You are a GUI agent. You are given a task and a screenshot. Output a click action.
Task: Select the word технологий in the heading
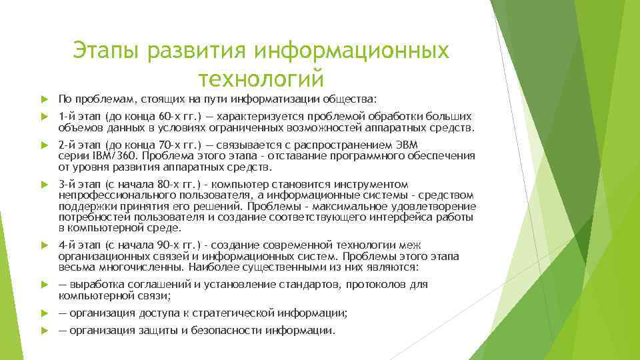click(x=261, y=78)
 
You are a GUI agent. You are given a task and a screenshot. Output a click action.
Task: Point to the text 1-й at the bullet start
click(x=67, y=116)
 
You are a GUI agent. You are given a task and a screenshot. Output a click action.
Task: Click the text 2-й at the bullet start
click(x=67, y=145)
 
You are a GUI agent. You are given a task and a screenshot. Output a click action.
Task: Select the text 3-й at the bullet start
click(x=67, y=184)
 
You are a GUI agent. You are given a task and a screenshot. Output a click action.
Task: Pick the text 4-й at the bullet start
click(x=67, y=245)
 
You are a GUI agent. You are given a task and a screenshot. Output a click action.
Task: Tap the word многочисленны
click(x=137, y=267)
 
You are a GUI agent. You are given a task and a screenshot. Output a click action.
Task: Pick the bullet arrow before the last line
click(x=45, y=331)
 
